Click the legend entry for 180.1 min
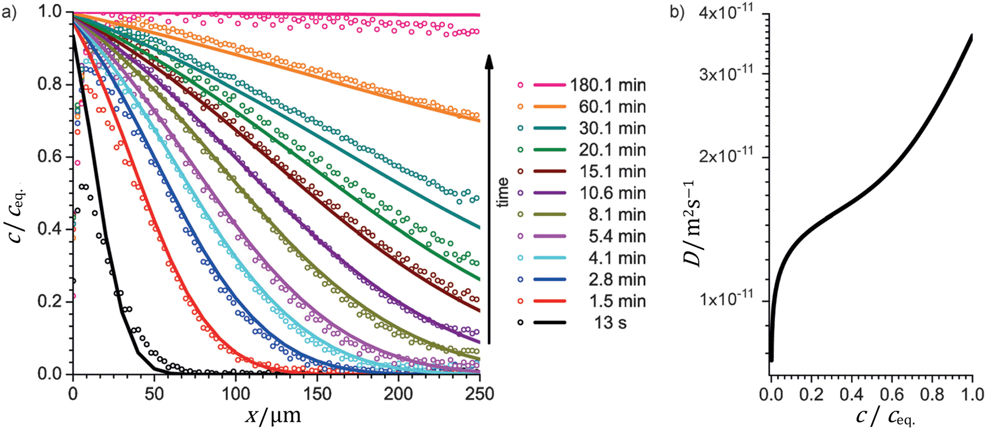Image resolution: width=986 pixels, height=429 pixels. point(607,85)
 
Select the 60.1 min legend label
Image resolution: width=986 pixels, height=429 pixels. point(612,107)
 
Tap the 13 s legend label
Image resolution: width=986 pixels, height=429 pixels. point(610,322)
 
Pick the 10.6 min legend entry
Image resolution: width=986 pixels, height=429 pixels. point(612,193)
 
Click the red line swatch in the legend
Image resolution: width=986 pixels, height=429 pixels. point(550,301)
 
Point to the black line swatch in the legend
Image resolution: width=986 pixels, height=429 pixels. point(550,322)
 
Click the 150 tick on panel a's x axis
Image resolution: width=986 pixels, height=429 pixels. point(317,394)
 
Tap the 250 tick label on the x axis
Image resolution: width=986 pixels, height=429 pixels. point(479,394)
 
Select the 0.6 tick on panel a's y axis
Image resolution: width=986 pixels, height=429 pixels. point(50,157)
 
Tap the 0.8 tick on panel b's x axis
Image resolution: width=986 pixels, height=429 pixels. point(932,394)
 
